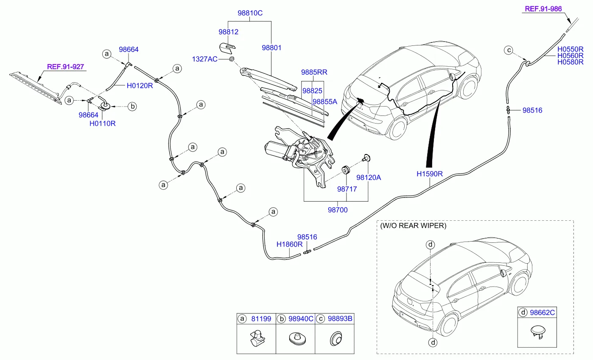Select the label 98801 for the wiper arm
271,48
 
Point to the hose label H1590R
429,174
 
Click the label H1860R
289,245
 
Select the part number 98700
338,210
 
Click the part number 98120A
368,178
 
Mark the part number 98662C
541,312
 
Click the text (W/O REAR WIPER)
413,226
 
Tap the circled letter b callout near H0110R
132,107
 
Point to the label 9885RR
314,73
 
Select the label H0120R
140,85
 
